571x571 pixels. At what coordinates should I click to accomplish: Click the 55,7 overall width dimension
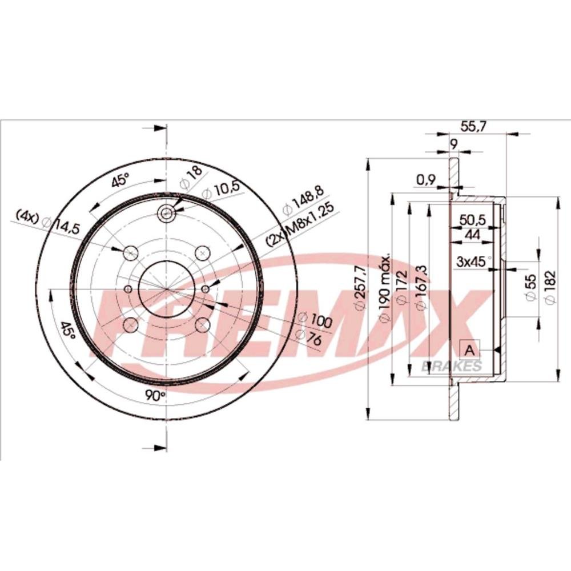(x=473, y=127)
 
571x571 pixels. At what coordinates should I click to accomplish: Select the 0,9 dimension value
(x=426, y=180)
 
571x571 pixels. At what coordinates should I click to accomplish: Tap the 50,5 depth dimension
(x=473, y=220)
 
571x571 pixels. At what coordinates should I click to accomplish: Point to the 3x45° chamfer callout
(x=473, y=262)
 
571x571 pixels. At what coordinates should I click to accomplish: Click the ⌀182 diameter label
(x=550, y=288)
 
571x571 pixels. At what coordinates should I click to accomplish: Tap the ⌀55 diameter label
(x=530, y=288)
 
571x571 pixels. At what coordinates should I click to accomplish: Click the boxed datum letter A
(x=470, y=351)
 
